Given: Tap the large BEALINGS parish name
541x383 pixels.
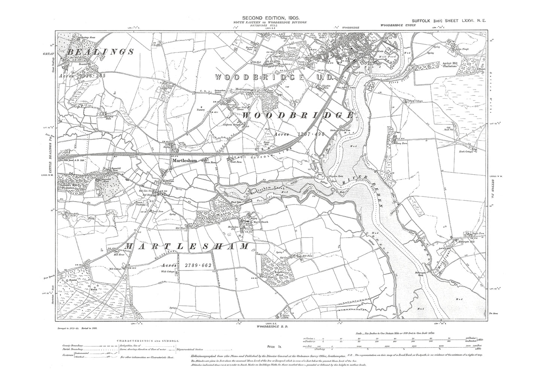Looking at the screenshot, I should [x=100, y=52].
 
